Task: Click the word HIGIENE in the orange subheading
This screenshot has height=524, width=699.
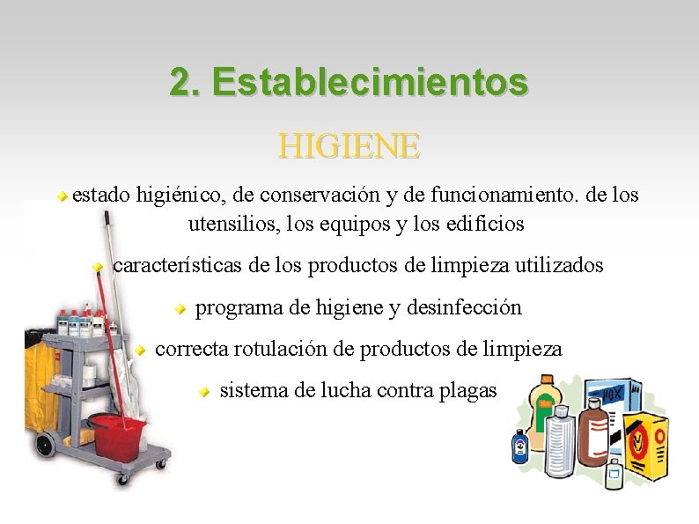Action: tap(349, 145)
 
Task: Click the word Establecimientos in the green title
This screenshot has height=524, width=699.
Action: tap(370, 83)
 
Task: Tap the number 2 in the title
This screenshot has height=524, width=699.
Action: tap(181, 83)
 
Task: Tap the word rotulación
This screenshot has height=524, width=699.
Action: tap(283, 349)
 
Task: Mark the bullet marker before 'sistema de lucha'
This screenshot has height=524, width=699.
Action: tap(203, 391)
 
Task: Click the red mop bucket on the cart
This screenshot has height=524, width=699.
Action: tap(118, 433)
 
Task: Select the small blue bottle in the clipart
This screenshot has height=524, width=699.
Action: tap(521, 446)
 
